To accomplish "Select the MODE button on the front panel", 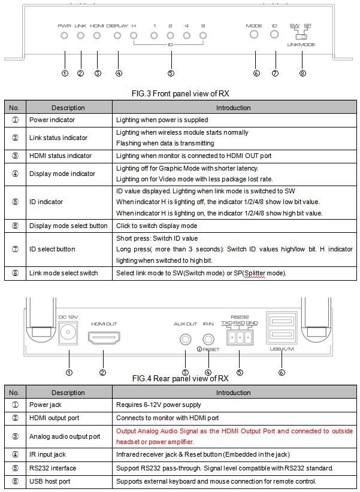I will click(x=255, y=35).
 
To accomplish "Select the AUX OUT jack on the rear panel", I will click(x=185, y=339).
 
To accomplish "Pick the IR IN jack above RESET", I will click(x=208, y=339).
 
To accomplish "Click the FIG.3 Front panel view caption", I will click(x=180, y=93).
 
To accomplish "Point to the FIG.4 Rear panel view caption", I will click(x=180, y=378).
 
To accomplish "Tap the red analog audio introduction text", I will click(x=230, y=436).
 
